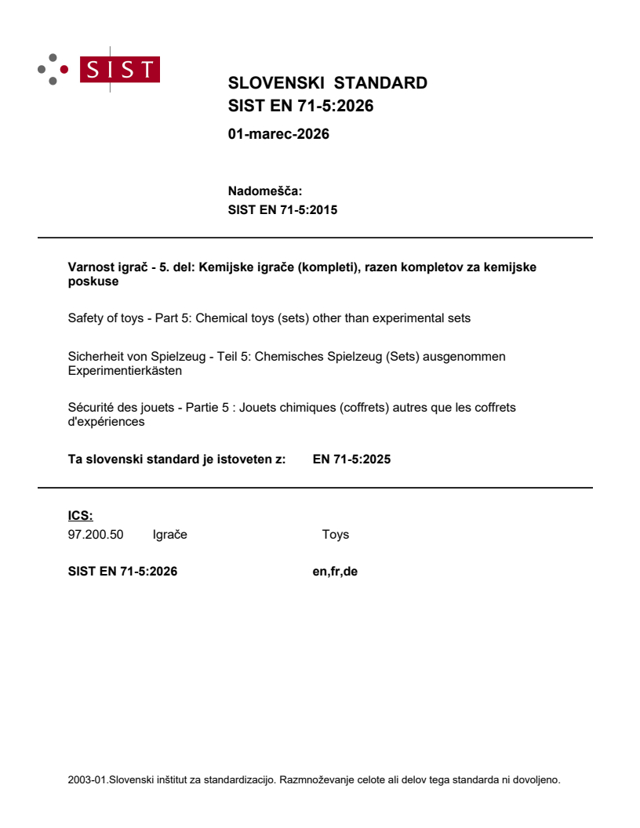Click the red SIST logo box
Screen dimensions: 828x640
point(122,70)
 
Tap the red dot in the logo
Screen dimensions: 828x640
point(64,69)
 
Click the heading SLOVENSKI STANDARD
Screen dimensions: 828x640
point(327,83)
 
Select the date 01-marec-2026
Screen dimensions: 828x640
point(278,134)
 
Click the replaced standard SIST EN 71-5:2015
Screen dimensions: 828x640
point(282,209)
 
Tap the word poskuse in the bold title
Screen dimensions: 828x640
point(93,281)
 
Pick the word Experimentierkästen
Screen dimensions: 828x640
point(125,370)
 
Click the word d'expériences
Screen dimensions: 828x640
point(106,421)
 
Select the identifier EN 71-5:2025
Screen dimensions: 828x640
point(351,459)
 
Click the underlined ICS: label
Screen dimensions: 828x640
point(81,515)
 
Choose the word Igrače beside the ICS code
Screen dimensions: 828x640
point(169,535)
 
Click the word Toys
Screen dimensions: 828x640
point(335,535)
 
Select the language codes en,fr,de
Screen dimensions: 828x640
point(335,572)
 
